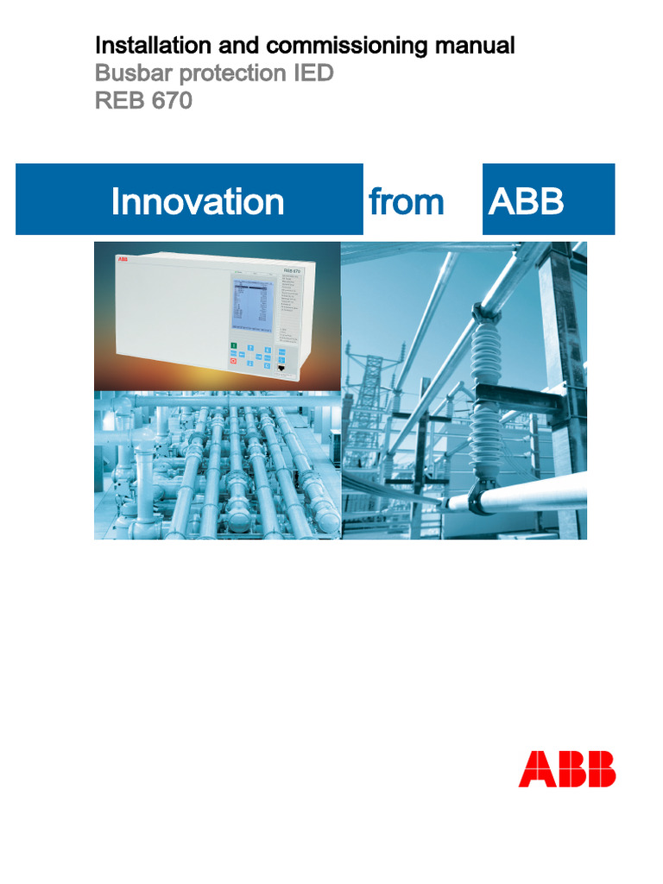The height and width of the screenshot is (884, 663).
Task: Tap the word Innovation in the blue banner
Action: [x=198, y=202]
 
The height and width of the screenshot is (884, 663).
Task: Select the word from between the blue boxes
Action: [x=407, y=202]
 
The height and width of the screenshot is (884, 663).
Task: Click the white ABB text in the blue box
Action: [x=526, y=202]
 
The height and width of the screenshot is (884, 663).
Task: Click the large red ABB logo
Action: [x=566, y=768]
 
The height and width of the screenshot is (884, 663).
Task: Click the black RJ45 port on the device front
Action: [x=283, y=369]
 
